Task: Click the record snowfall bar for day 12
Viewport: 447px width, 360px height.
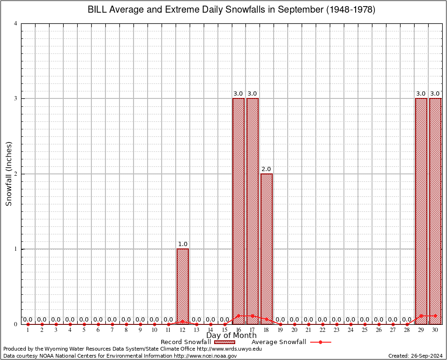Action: (182, 286)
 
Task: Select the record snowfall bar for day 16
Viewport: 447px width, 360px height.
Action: (238, 211)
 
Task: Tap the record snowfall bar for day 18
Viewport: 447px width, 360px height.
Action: (267, 248)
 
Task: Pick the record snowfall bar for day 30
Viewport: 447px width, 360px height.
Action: (435, 211)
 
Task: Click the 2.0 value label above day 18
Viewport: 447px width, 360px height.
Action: (267, 169)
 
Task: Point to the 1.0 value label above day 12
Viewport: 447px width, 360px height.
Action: (182, 244)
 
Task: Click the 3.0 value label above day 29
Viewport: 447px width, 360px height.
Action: (421, 94)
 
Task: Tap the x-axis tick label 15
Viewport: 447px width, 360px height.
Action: (224, 330)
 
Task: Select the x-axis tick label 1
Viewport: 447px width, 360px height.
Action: (28, 330)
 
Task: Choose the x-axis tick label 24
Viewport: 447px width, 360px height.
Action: (350, 330)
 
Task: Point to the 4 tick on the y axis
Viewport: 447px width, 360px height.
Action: (16, 23)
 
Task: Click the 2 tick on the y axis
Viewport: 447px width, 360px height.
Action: (16, 174)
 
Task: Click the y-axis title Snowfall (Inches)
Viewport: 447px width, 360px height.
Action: (8, 174)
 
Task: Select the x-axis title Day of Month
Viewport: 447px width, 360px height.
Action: (231, 336)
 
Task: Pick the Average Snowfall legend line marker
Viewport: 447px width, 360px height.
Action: (320, 342)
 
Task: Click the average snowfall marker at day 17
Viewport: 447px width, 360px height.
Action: (253, 315)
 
